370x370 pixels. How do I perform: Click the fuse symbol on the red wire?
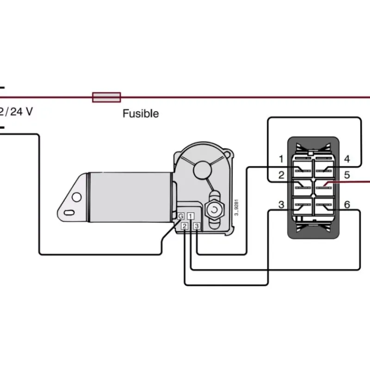tap(106, 97)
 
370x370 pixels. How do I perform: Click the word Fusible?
tap(141, 113)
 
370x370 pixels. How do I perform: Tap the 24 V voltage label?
tap(21, 111)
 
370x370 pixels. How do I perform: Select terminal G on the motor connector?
tap(181, 216)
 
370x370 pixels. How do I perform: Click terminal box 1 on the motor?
tap(191, 216)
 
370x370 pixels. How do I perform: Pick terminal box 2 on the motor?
tap(185, 226)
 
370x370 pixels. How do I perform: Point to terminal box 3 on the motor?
tap(197, 226)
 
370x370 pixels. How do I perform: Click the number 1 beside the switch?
tap(281, 159)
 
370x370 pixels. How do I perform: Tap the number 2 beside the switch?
tap(281, 175)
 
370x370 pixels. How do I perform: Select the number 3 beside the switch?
tap(281, 204)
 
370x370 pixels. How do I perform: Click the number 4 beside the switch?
tap(347, 159)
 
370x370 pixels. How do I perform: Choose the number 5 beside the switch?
tap(347, 175)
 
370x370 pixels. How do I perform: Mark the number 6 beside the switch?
tap(347, 204)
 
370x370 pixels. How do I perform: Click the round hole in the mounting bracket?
tap(77, 197)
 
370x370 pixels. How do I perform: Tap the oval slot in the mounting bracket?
tap(69, 213)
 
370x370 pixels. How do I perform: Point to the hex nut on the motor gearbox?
tap(214, 210)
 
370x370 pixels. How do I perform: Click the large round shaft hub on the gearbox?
tap(202, 170)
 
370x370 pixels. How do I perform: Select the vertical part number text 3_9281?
tap(236, 207)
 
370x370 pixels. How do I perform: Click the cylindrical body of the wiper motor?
tap(130, 197)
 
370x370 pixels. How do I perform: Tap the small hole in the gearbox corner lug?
tap(227, 155)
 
